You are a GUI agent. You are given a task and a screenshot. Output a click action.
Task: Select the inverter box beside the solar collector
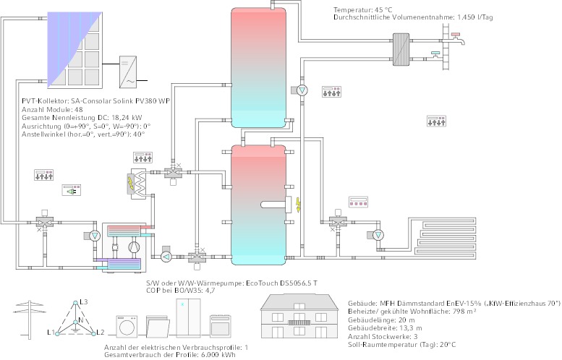[127, 71]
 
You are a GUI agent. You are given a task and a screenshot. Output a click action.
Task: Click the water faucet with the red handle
[455, 35]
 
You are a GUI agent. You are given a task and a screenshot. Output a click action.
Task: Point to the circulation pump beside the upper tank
[302, 90]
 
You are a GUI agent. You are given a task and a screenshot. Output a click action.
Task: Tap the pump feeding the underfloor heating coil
[380, 236]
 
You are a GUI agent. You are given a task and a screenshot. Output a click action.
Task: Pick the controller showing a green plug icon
[72, 190]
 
